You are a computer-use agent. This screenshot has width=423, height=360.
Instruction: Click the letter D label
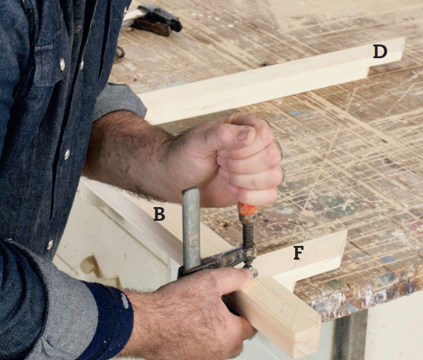(380, 52)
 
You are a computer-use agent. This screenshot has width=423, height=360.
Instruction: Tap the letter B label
(159, 214)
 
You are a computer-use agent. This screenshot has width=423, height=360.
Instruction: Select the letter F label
(299, 253)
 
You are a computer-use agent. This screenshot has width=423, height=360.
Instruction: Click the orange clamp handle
(247, 208)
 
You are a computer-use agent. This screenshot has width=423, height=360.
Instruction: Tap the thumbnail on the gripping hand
(245, 133)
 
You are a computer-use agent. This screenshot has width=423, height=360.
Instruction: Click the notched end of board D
(386, 57)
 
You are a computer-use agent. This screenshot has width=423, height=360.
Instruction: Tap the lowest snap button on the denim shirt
(50, 245)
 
